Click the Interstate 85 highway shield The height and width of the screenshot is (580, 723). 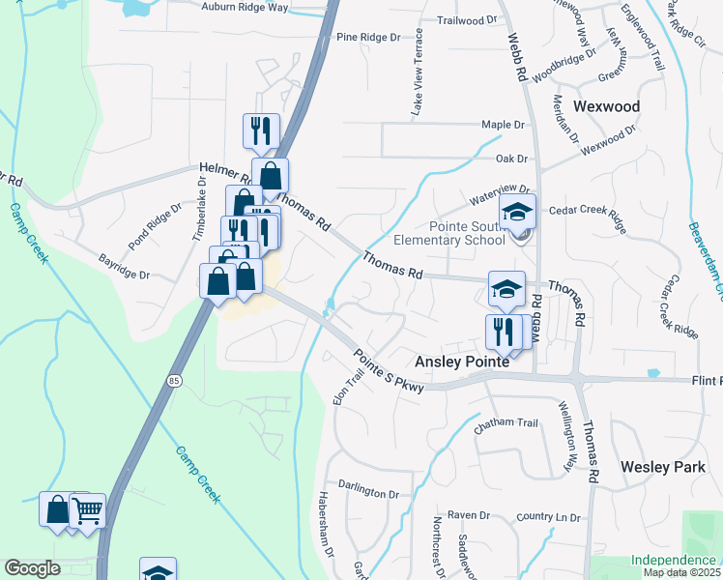(172, 369)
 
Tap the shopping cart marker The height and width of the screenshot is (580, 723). (88, 509)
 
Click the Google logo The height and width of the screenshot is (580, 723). (32, 568)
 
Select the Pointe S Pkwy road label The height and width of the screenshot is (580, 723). (389, 371)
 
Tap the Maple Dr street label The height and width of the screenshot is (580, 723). (503, 126)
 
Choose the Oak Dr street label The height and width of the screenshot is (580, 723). (511, 159)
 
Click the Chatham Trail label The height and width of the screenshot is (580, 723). (506, 422)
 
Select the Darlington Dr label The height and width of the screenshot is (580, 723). (361, 491)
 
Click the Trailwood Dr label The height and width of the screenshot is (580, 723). (466, 19)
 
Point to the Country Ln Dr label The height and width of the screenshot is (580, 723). (548, 518)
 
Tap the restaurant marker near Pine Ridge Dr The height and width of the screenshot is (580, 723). (260, 130)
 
